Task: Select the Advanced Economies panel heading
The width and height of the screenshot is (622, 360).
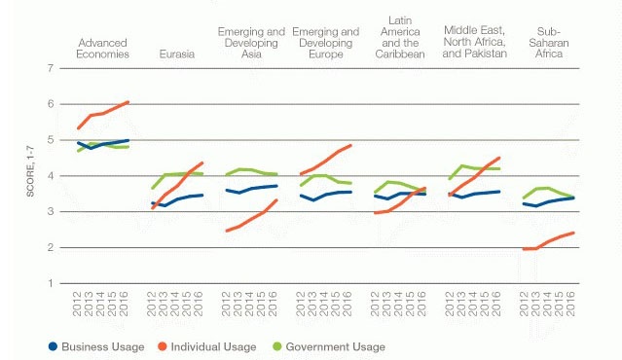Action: pyautogui.click(x=102, y=49)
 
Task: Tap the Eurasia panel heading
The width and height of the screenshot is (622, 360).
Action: pyautogui.click(x=175, y=54)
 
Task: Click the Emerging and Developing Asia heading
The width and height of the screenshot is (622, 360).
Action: pyautogui.click(x=249, y=43)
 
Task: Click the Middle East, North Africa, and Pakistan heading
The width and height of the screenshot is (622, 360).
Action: pyautogui.click(x=473, y=37)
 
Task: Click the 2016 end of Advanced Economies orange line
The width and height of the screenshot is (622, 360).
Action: pyautogui.click(x=128, y=102)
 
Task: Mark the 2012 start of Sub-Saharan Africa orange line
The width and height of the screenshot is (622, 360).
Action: pyautogui.click(x=524, y=249)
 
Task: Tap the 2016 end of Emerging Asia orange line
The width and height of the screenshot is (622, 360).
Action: pyautogui.click(x=278, y=199)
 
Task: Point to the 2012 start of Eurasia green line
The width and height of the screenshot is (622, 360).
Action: pyautogui.click(x=153, y=189)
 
